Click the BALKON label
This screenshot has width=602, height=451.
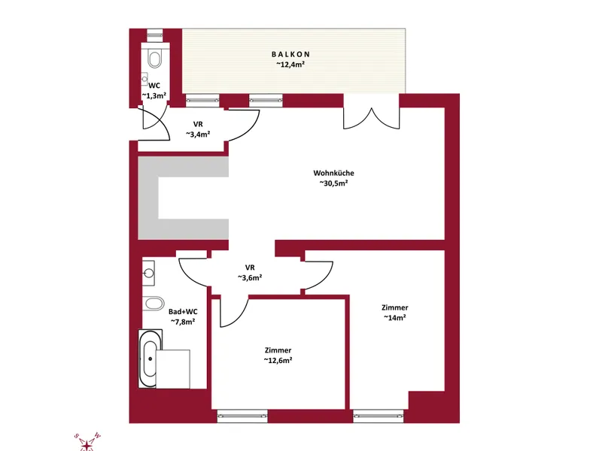[x=290, y=54]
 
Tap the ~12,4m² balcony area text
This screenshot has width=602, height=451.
[x=290, y=65]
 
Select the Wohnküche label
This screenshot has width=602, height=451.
[x=333, y=173]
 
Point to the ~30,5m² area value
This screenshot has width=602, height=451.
[x=333, y=183]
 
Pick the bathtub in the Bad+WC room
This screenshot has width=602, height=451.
[x=150, y=359]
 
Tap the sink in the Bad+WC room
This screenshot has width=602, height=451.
[x=148, y=273]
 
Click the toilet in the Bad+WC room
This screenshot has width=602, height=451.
[x=154, y=304]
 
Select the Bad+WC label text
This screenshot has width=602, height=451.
[x=183, y=312]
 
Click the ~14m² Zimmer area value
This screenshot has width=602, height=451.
[x=394, y=317]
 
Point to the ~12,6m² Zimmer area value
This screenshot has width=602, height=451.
[x=278, y=360]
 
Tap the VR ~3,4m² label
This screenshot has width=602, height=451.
[x=198, y=129]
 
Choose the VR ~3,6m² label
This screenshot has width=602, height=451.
[x=250, y=273]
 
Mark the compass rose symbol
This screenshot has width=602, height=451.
[x=87, y=442]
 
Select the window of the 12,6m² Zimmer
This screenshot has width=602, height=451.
[x=242, y=416]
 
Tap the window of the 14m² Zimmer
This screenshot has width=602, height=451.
[x=379, y=416]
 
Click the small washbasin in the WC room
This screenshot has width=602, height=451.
[x=144, y=79]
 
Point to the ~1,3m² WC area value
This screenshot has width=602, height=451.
[x=154, y=95]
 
